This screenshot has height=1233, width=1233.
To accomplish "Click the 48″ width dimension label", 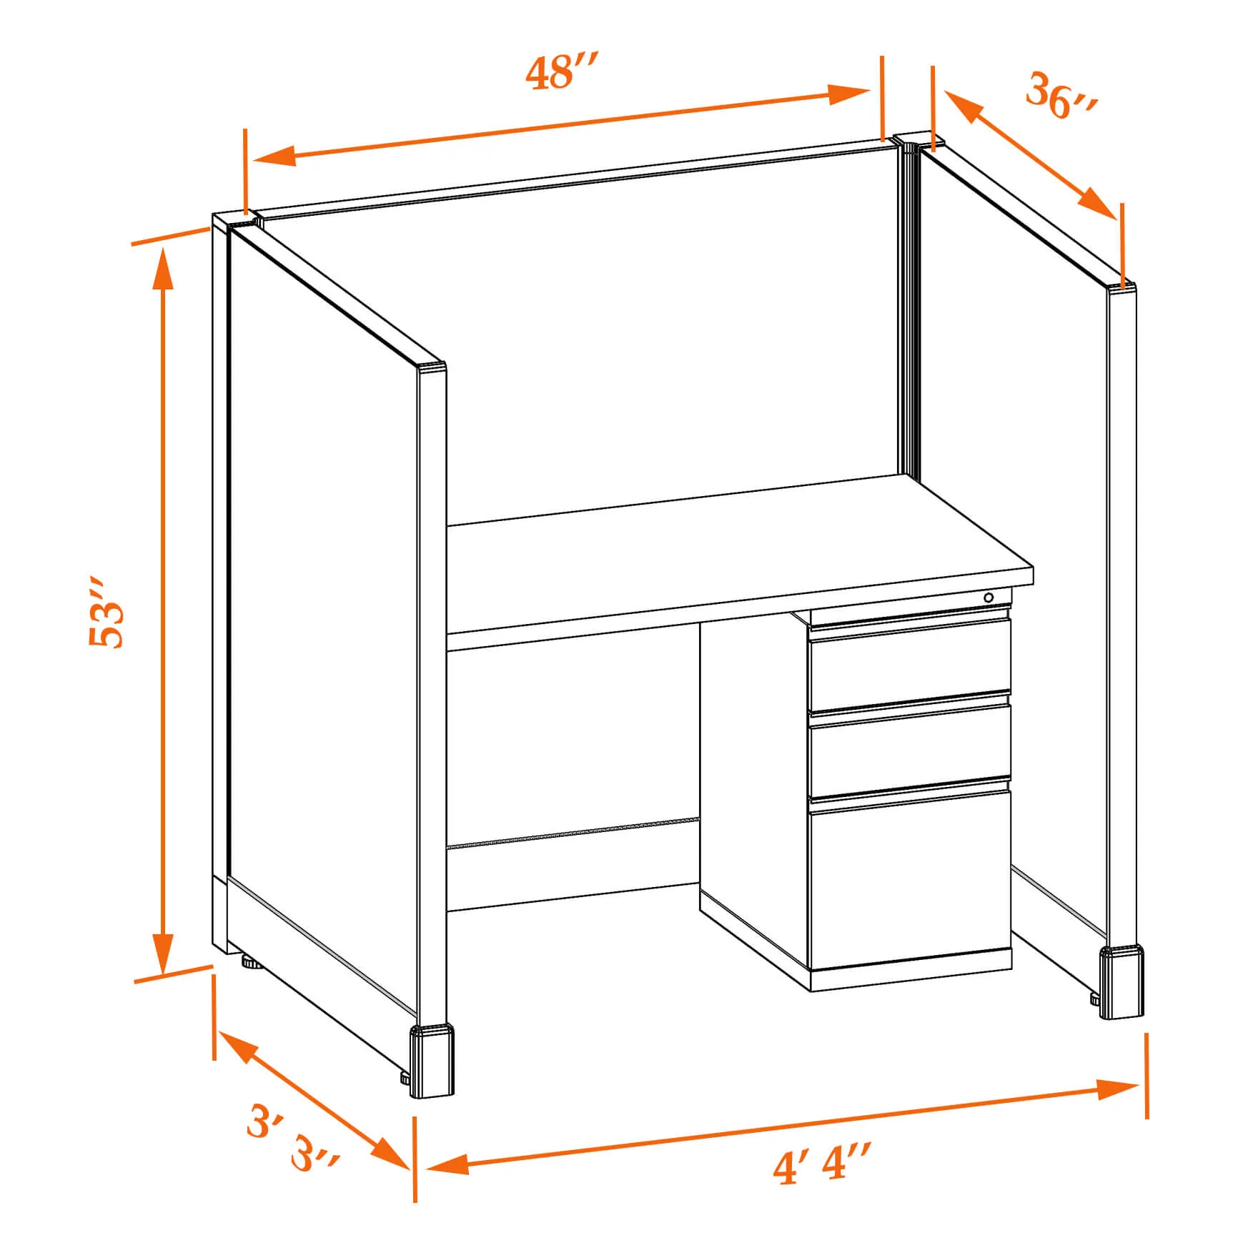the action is click(560, 73).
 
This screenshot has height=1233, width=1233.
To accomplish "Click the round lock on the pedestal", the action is click(989, 598).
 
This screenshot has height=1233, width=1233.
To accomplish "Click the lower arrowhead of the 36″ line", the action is click(1096, 203).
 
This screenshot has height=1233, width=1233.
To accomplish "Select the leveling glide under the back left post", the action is click(250, 962).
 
